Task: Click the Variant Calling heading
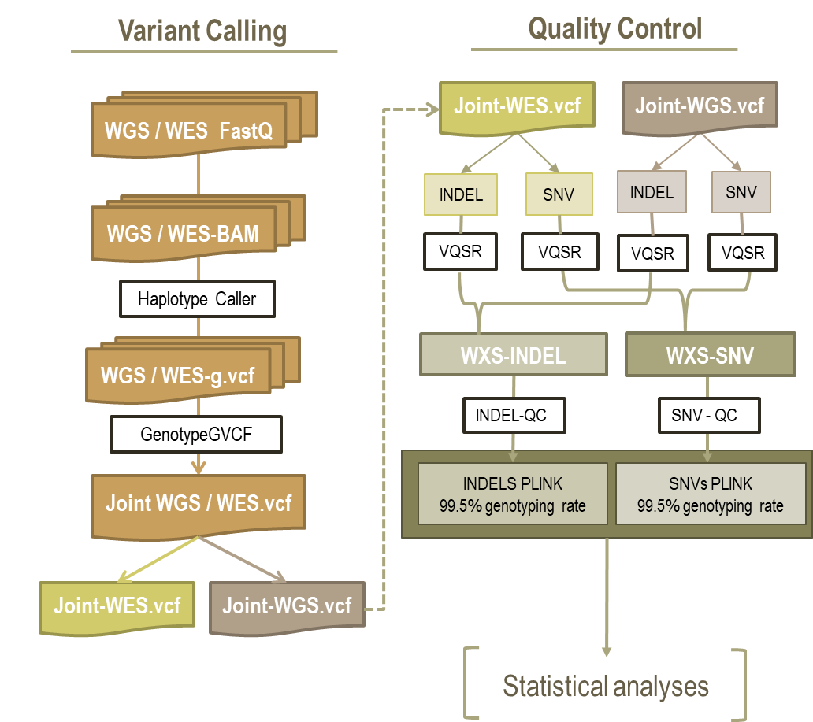[x=202, y=31]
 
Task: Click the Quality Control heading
[x=614, y=28]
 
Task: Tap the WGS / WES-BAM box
[x=183, y=233]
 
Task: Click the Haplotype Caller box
[x=197, y=299]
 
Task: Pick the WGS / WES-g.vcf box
[x=177, y=376]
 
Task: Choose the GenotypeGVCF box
[x=196, y=434]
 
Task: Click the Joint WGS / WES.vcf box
[x=199, y=503]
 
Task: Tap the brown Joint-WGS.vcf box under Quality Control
[x=699, y=105]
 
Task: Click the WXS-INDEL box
[x=514, y=355]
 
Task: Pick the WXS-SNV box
[x=710, y=355]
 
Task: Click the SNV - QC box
[x=704, y=414]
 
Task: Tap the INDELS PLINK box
[x=513, y=494]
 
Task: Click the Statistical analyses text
[x=606, y=686]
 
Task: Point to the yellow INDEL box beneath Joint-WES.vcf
[x=461, y=194]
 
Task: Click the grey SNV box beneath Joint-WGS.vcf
[x=741, y=193]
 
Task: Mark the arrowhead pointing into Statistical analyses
[x=607, y=650]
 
